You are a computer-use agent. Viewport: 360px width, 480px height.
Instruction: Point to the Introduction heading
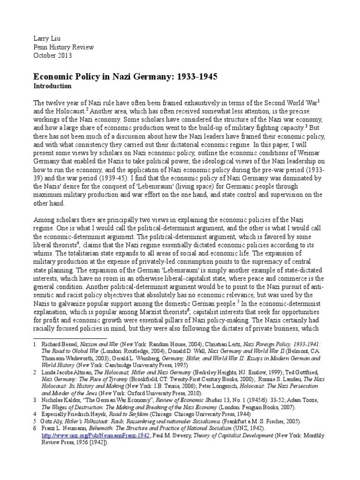52,86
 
